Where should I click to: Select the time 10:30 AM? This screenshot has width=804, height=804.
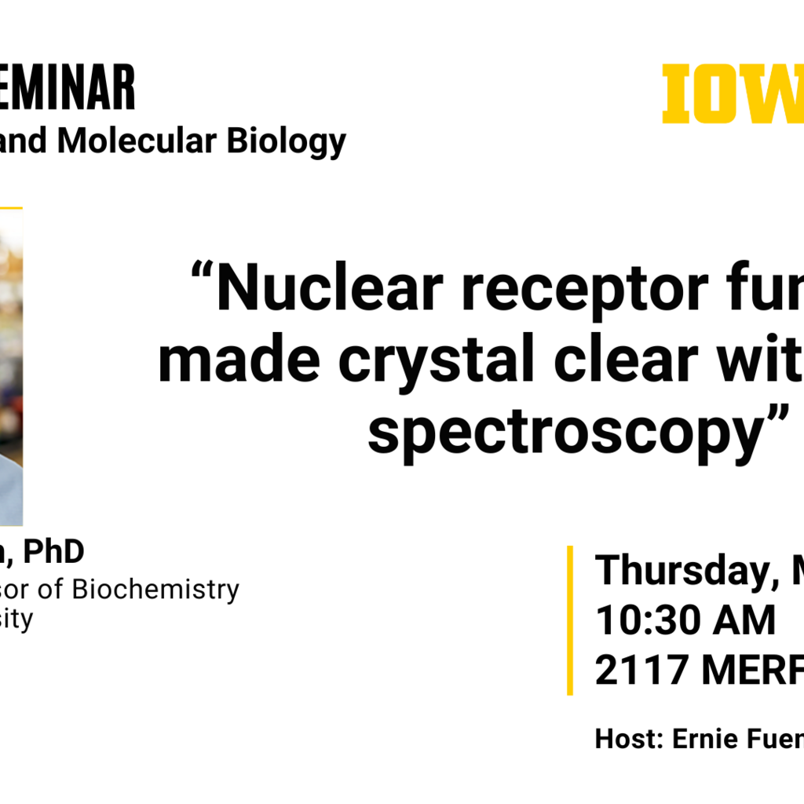coord(685,620)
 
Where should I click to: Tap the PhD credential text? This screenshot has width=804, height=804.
coord(53,552)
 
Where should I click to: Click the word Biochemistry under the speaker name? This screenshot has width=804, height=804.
coord(155,589)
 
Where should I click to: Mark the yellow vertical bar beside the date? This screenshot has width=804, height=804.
coord(570,620)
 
